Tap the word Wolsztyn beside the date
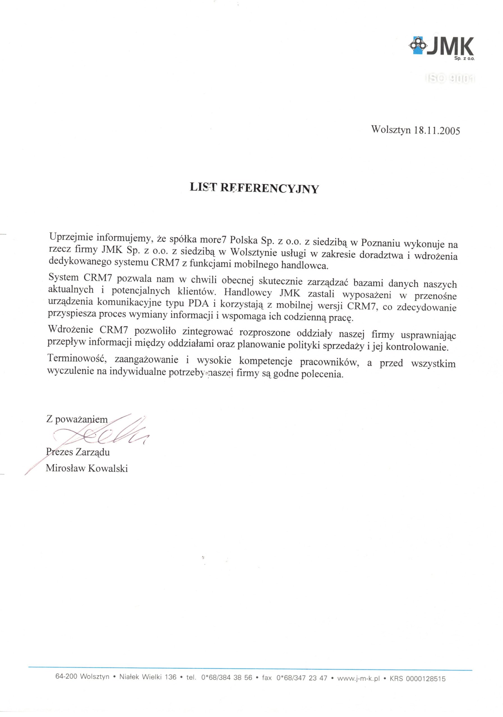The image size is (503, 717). [x=391, y=129]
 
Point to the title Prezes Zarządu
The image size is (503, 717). [x=78, y=452]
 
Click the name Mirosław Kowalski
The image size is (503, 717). [x=87, y=468]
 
